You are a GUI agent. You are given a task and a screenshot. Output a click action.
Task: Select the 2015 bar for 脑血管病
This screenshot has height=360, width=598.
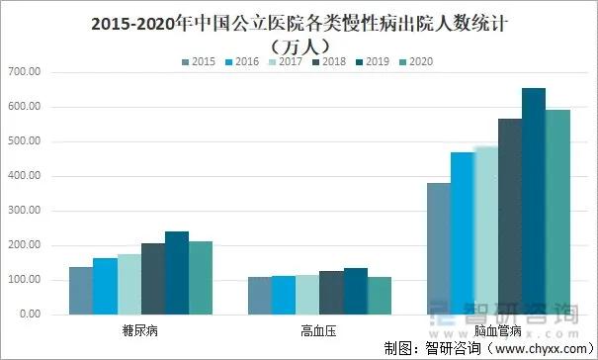tap(438, 248)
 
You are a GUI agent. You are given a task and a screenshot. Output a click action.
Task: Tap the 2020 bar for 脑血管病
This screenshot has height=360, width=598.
tap(557, 212)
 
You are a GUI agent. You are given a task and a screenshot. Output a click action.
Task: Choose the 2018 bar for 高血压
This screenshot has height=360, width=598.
tap(331, 293)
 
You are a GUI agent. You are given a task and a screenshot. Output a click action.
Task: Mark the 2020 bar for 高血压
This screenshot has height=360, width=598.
tap(380, 296)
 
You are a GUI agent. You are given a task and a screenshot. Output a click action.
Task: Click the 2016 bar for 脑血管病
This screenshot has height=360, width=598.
tap(462, 233)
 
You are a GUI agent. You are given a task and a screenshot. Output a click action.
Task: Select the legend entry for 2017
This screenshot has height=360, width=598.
tap(286, 61)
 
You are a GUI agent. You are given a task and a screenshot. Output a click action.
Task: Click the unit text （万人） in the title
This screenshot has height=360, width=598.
tap(299, 44)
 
